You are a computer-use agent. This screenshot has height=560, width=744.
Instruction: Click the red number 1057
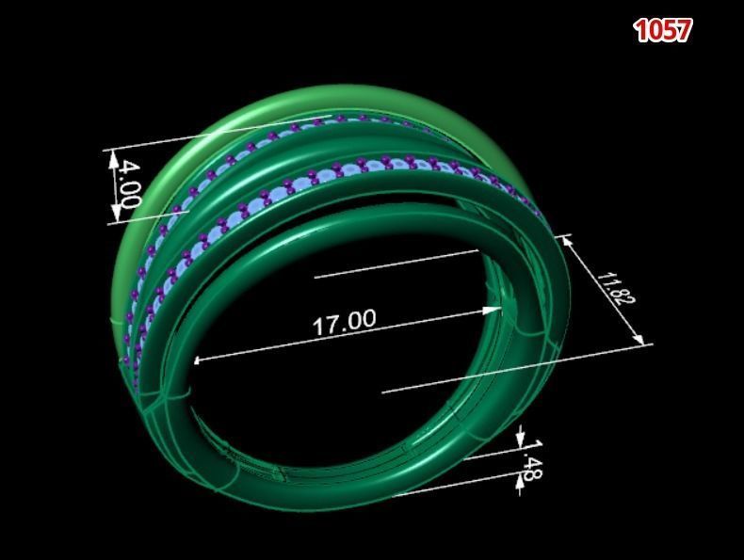click(x=663, y=30)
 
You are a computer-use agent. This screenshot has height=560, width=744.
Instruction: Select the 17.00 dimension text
click(x=344, y=322)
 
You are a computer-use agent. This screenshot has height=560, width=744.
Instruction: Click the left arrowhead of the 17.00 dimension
click(x=198, y=359)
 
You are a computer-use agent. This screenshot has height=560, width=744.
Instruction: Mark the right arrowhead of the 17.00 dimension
click(x=498, y=308)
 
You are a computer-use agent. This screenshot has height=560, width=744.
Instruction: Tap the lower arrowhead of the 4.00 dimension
click(x=117, y=218)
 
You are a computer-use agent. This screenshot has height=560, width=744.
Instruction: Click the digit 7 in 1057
click(x=683, y=30)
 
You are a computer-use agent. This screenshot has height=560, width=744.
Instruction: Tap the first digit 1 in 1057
click(x=642, y=30)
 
